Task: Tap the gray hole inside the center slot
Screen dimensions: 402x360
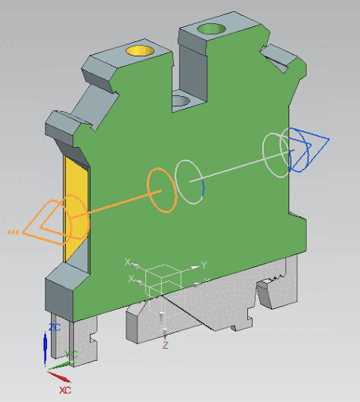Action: click(182, 101)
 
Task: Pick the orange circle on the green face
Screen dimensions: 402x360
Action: click(161, 191)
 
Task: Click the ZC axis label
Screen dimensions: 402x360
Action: click(54, 327)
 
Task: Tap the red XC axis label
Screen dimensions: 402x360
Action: click(65, 391)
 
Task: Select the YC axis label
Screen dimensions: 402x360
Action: click(72, 354)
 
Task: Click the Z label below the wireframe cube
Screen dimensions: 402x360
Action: click(165, 346)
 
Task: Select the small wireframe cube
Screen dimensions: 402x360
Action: click(162, 279)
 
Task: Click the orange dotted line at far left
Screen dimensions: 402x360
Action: click(13, 232)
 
